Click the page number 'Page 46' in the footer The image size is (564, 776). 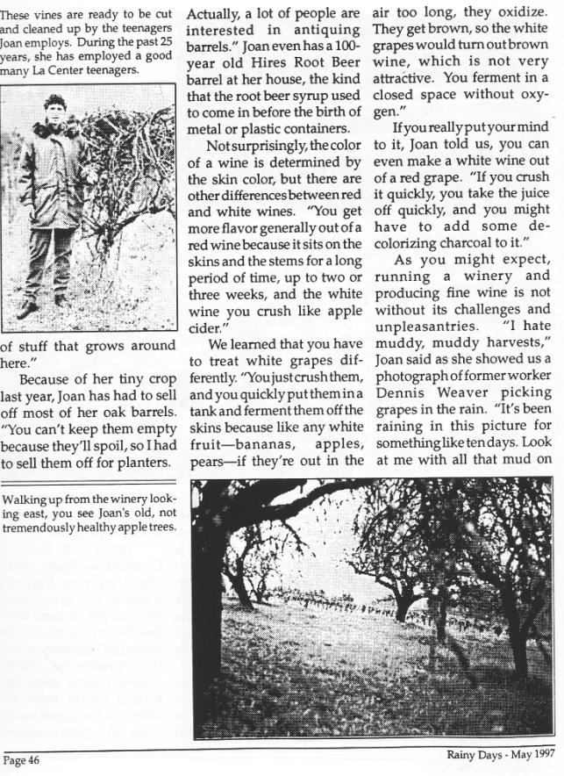(26, 759)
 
